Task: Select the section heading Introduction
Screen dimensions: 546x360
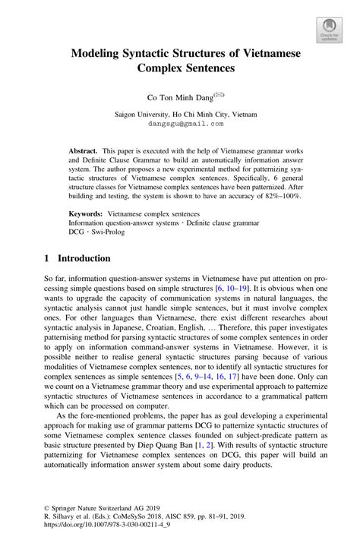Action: click(x=86, y=258)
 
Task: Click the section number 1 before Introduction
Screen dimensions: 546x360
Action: click(x=47, y=258)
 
